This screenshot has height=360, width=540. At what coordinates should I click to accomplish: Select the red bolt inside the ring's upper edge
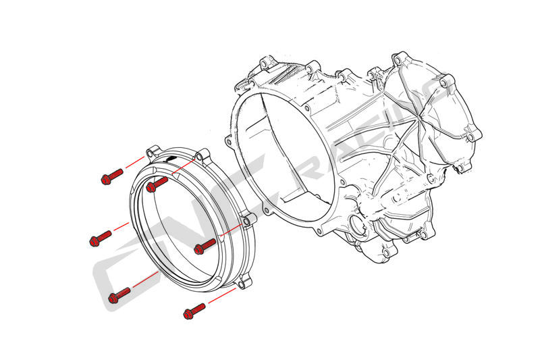[157, 182]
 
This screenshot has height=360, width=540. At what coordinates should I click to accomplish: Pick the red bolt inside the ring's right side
[205, 245]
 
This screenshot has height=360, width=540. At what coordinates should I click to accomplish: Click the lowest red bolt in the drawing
[194, 311]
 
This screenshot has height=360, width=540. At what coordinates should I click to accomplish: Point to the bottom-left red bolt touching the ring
[119, 293]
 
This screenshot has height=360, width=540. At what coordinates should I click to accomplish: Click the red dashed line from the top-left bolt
[134, 164]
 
